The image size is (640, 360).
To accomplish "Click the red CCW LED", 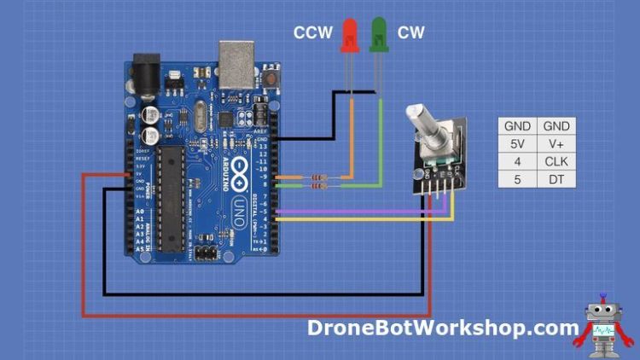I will point(349,37).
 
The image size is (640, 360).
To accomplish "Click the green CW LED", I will point(379,37).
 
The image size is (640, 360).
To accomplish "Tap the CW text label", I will point(410,33).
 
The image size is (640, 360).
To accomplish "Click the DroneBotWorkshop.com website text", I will point(443,328).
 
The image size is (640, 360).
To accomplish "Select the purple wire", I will point(358,211).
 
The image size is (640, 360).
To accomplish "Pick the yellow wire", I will point(358,219).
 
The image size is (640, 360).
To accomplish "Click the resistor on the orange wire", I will point(320,177).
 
